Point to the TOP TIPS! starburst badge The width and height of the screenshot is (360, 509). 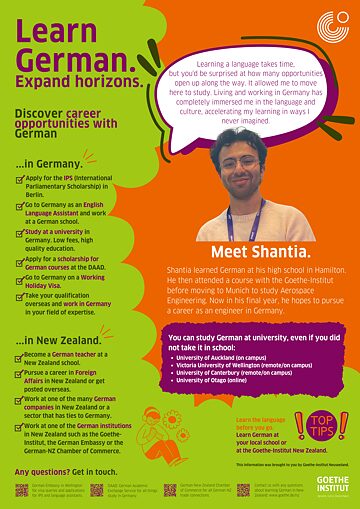pyautogui.click(x=321, y=424)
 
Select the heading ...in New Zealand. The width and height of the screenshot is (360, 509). pyautogui.click(x=61, y=341)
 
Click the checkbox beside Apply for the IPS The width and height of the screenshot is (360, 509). pyautogui.click(x=20, y=178)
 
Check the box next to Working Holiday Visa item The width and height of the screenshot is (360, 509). pyautogui.click(x=20, y=277)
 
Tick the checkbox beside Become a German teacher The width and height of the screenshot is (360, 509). pyautogui.click(x=20, y=356)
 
